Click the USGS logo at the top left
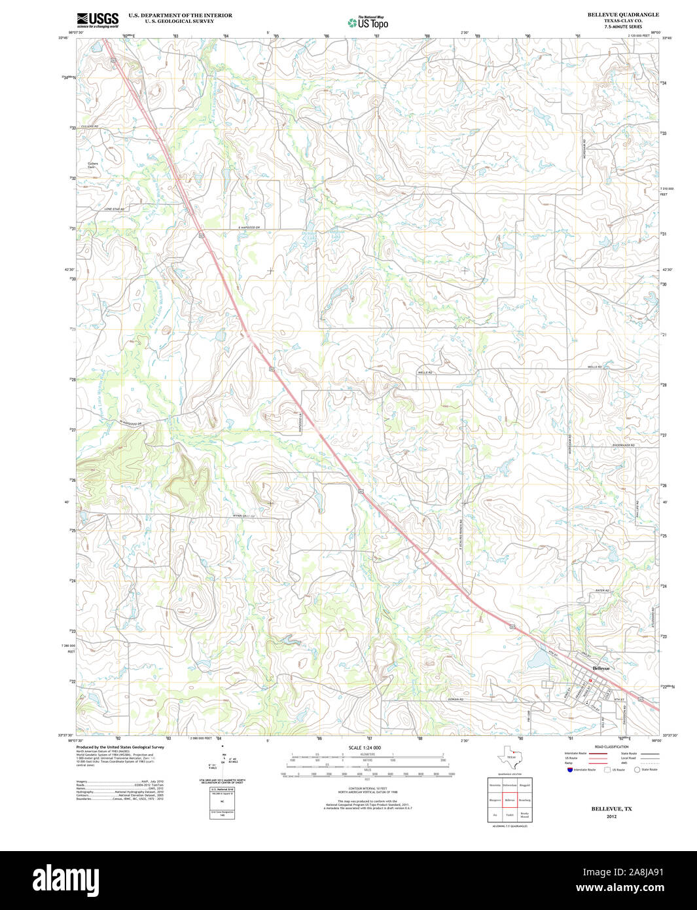[98, 20]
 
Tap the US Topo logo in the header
[368, 22]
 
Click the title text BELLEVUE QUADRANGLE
[622, 14]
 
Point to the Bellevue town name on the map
[601, 668]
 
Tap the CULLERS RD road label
[89, 126]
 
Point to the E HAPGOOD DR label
[249, 227]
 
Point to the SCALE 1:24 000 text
[365, 748]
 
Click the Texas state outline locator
[510, 757]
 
